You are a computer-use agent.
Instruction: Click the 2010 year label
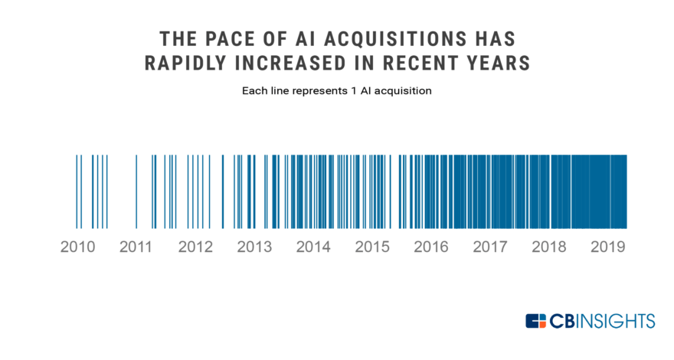click(77, 247)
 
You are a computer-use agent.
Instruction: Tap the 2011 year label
click(136, 247)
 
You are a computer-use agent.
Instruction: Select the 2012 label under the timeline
click(195, 247)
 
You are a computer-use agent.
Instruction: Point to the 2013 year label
click(254, 247)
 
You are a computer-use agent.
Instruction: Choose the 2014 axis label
click(313, 247)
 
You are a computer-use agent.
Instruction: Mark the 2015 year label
click(372, 247)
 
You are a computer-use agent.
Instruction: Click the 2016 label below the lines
click(431, 247)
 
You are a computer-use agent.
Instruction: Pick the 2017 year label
click(490, 247)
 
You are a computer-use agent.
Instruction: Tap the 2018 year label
click(549, 247)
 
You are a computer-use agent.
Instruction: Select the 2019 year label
click(608, 247)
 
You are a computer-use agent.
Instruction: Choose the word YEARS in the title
click(496, 64)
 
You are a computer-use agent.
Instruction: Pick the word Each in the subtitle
click(255, 91)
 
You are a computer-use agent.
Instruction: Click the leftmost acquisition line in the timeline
click(77, 191)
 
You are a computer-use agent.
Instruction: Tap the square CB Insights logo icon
click(536, 321)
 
